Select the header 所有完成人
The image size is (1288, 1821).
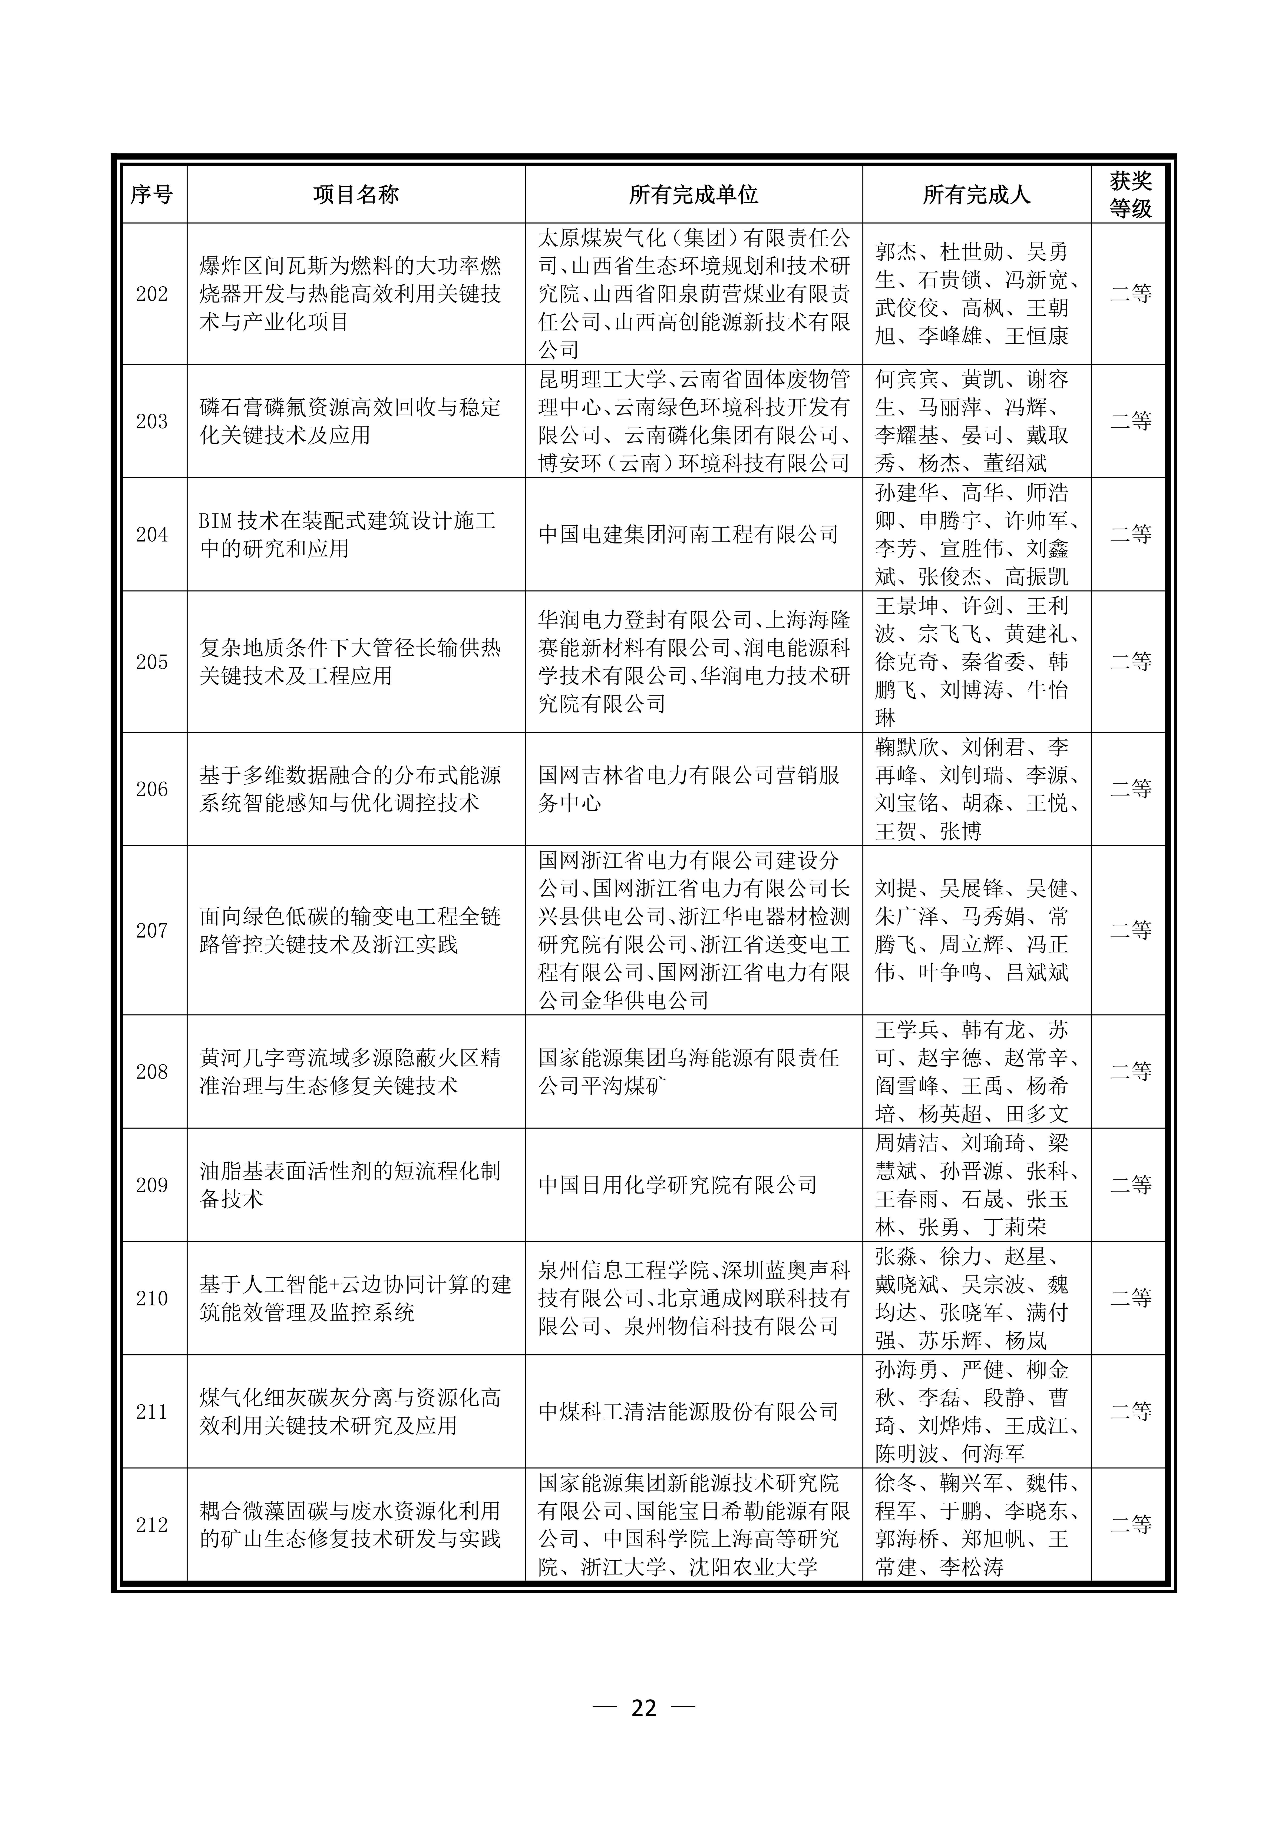976,194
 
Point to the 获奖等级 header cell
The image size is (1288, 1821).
1130,194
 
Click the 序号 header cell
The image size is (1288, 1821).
151,194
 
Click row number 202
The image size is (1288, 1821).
151,294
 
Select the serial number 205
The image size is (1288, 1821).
151,661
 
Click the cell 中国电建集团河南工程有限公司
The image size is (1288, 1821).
688,535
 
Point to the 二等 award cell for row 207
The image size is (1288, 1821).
1130,930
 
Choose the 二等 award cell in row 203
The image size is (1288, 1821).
1130,421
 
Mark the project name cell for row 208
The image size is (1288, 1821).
349,1072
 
